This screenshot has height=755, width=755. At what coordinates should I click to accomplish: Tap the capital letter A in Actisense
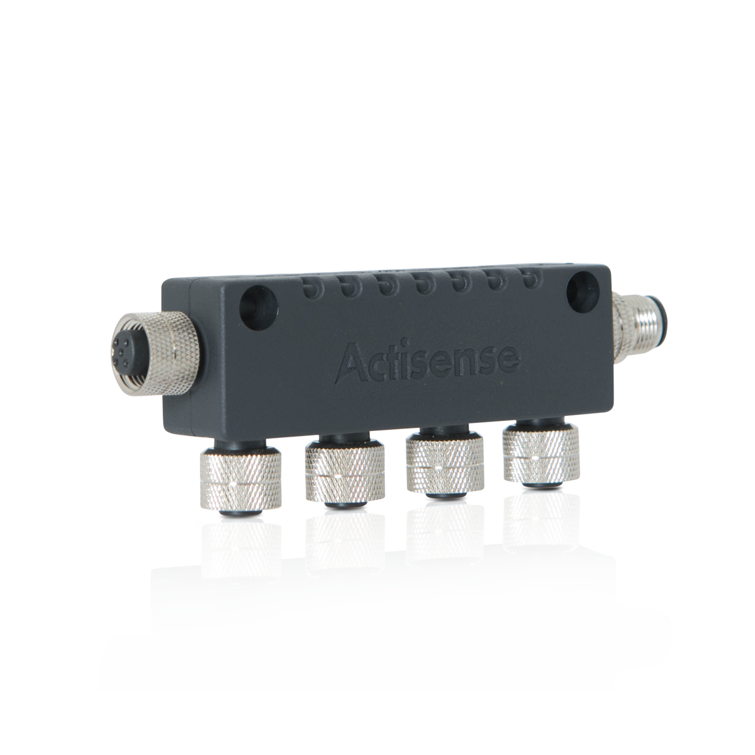[352, 362]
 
